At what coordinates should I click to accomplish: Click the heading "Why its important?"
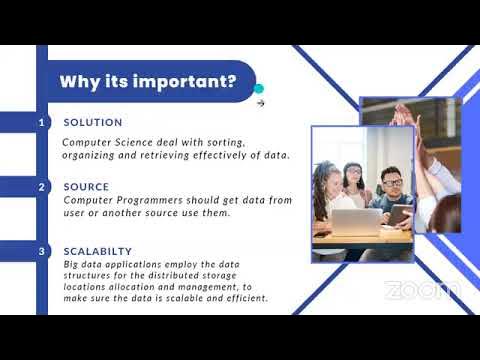148,81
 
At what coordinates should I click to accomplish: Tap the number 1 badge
41,122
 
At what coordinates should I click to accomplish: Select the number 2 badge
41,187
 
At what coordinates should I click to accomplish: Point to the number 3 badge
41,251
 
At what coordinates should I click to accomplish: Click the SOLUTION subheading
92,122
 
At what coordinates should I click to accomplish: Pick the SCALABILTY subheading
98,251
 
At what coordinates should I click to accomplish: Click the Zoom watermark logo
422,290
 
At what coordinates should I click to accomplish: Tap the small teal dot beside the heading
259,88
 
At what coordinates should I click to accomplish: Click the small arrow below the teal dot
260,102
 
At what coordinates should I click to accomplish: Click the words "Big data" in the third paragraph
82,265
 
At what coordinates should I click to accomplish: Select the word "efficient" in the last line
242,298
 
